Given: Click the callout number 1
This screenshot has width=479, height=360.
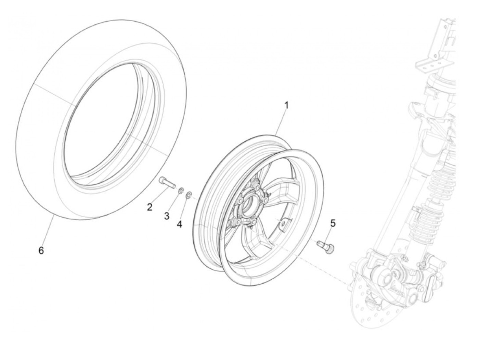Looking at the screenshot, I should pos(286,105).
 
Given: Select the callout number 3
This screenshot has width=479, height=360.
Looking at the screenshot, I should pos(167,216).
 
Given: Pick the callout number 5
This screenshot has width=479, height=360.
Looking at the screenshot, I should pos(333,223).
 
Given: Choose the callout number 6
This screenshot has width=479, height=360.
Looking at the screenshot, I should pos(41,250).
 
